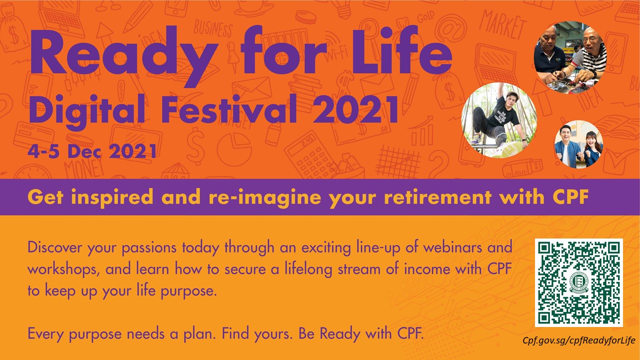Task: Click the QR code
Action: [x=578, y=282]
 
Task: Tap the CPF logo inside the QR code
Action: [x=578, y=283]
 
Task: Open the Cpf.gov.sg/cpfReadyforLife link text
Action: [x=578, y=340]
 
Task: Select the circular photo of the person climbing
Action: [x=498, y=120]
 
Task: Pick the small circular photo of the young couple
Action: [x=578, y=144]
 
